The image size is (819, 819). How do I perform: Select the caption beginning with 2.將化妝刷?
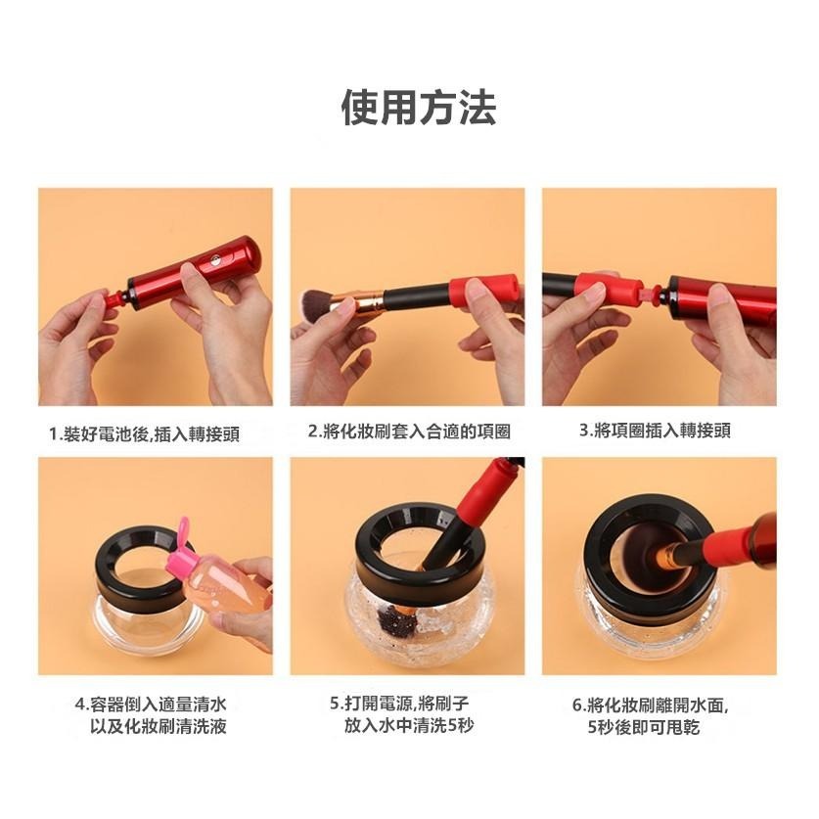click(x=408, y=432)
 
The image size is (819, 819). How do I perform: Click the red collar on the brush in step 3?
click(x=601, y=288)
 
